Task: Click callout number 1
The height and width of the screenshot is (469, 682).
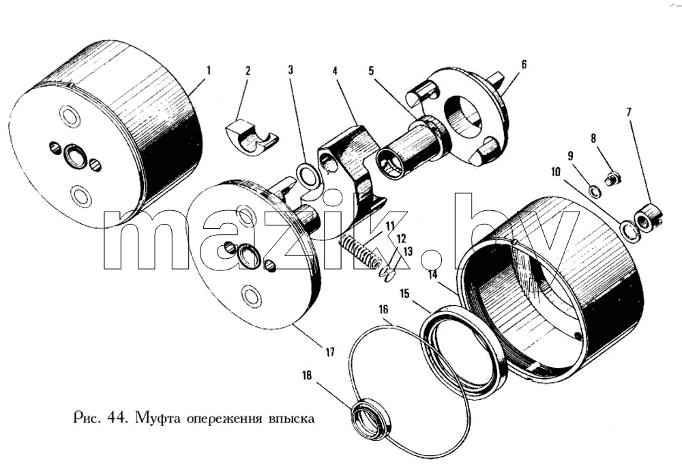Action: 208,70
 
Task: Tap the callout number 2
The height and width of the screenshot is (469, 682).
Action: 248,70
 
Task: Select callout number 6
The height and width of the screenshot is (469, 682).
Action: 524,64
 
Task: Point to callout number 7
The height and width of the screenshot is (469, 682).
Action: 629,113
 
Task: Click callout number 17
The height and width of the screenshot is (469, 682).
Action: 330,352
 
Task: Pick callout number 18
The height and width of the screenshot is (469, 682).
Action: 307,375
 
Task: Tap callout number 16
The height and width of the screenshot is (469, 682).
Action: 383,310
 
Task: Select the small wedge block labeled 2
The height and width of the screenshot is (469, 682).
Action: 252,137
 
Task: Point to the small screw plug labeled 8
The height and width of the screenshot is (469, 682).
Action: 613,178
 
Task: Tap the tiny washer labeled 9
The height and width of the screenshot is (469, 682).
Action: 594,190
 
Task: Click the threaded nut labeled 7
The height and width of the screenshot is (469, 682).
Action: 649,217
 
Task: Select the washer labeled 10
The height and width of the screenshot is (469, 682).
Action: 629,231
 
